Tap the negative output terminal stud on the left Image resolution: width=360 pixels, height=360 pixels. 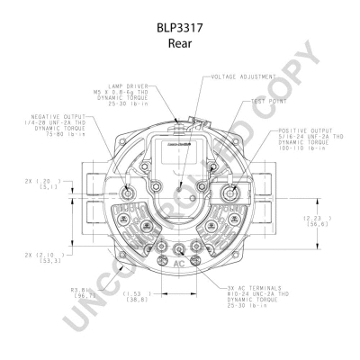[x=127, y=193]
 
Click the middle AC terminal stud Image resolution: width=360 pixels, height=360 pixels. [x=180, y=251]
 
